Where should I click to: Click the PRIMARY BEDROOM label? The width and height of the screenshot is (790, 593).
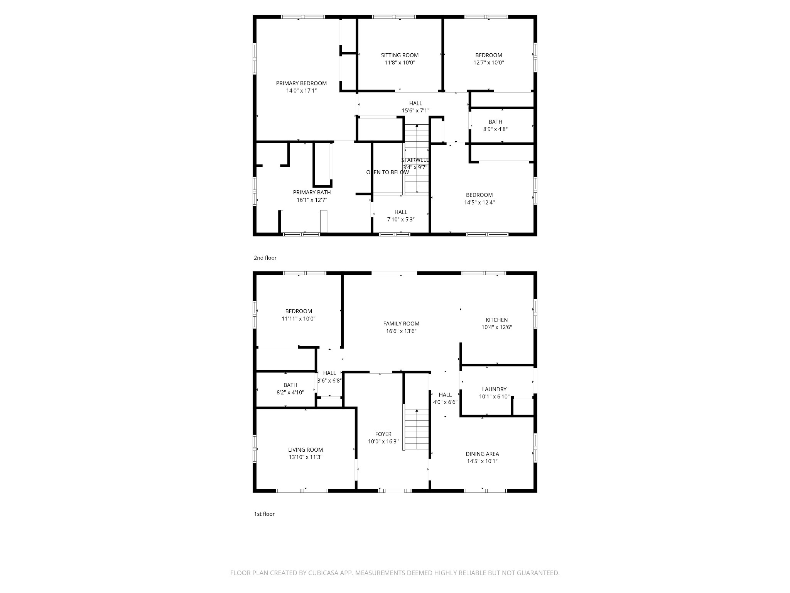[301, 83]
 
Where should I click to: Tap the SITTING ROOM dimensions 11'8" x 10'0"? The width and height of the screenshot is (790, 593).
[400, 63]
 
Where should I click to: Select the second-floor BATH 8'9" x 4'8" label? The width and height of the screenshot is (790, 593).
[495, 125]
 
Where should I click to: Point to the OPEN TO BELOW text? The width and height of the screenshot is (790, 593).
[387, 172]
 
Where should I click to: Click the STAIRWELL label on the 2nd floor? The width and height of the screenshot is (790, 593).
[415, 160]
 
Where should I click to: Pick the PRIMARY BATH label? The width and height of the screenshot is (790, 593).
[312, 192]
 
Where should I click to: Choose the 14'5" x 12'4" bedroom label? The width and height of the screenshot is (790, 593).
[479, 199]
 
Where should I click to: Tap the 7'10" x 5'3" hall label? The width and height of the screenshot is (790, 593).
[401, 216]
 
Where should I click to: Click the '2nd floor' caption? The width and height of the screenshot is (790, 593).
[265, 258]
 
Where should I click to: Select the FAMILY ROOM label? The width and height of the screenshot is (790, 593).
[401, 324]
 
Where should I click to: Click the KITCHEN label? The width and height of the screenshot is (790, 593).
[496, 320]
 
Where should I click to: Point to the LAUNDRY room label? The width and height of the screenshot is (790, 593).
[494, 389]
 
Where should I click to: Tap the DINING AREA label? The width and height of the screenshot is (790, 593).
[482, 454]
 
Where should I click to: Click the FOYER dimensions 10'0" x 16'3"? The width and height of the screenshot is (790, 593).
[383, 442]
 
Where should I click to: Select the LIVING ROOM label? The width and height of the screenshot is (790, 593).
[306, 450]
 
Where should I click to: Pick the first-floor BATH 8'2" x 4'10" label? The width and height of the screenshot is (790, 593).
[290, 389]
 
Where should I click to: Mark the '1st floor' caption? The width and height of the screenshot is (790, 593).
[264, 514]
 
